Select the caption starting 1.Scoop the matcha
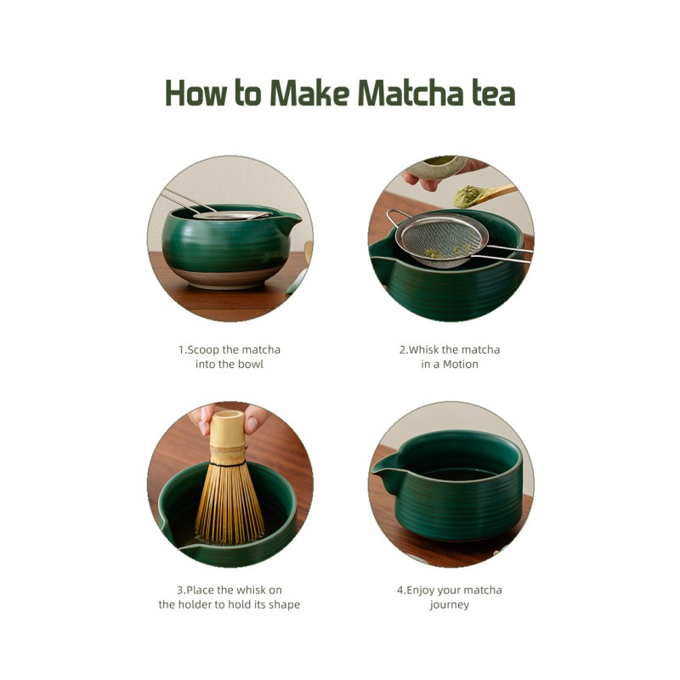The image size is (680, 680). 229,356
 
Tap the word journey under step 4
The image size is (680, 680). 450,604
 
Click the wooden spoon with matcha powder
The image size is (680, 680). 483,195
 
